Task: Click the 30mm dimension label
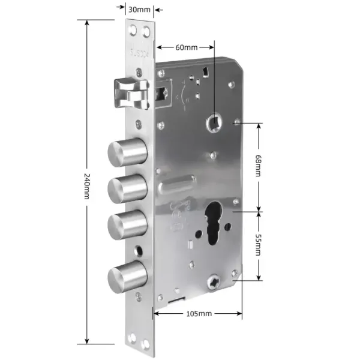pos(139,10)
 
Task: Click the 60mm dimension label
pos(186,46)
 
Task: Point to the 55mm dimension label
pos(259,245)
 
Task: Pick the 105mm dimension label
pos(198,313)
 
